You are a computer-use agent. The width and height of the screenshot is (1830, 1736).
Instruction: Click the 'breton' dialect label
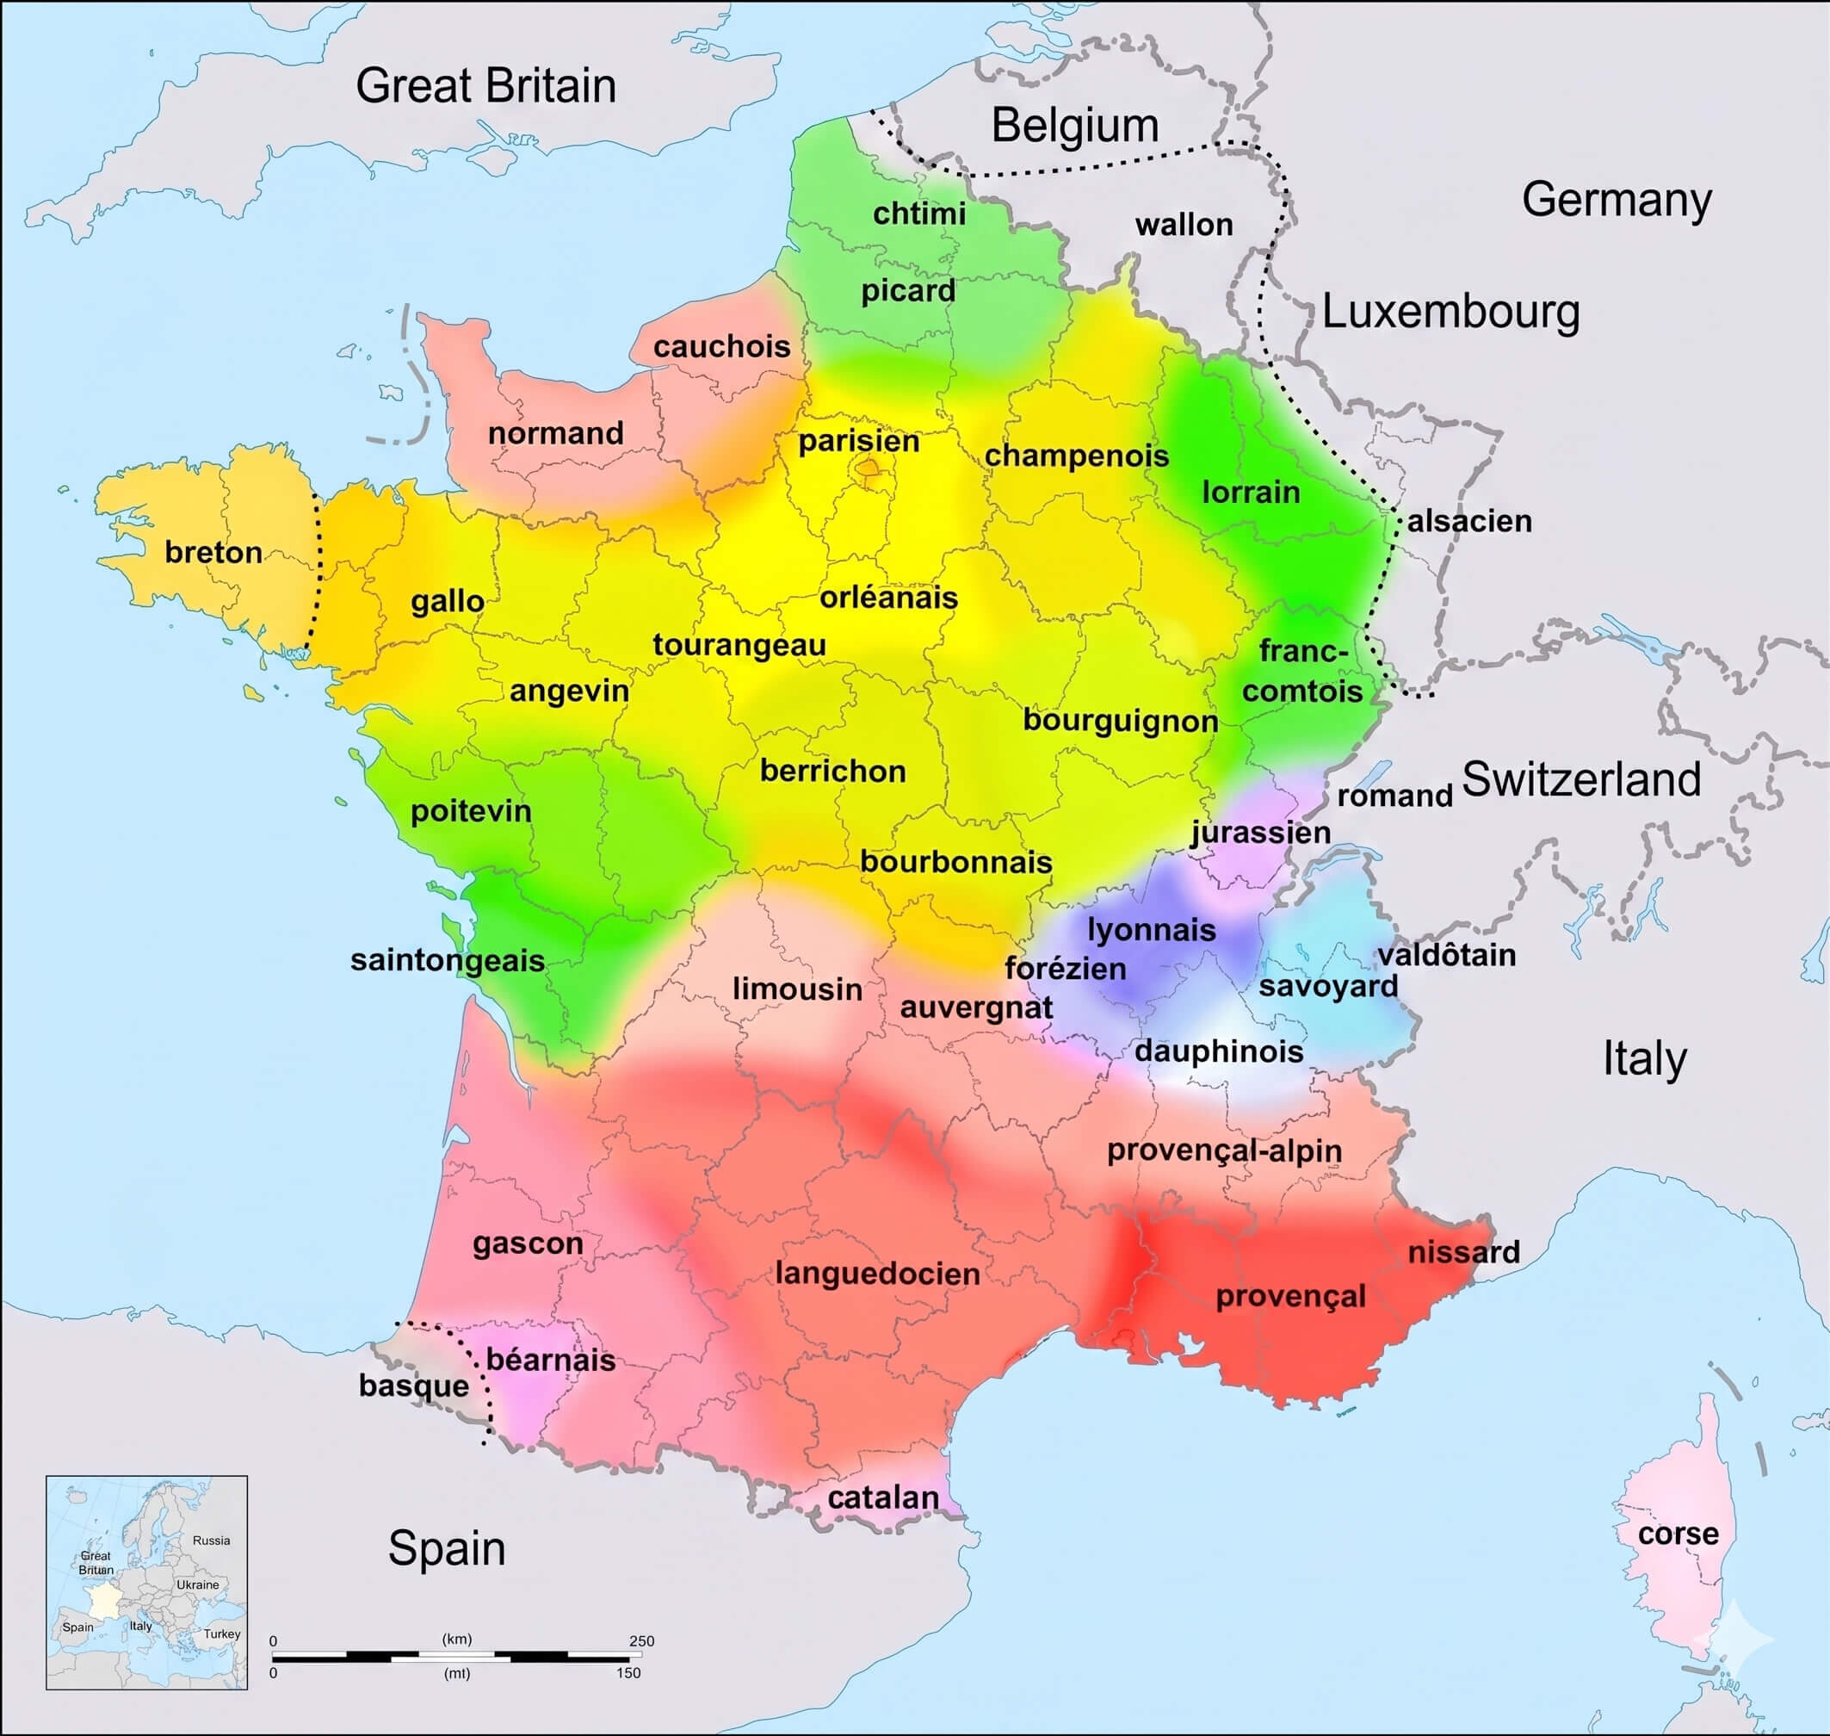pyautogui.click(x=213, y=553)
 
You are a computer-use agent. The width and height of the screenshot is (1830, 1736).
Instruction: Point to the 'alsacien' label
pyautogui.click(x=1469, y=521)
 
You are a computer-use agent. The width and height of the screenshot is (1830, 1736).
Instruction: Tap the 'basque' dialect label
pyautogui.click(x=413, y=1386)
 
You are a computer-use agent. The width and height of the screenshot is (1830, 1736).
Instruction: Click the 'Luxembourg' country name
pyautogui.click(x=1450, y=312)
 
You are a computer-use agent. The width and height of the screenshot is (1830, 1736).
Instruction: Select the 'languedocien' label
pyautogui.click(x=877, y=1274)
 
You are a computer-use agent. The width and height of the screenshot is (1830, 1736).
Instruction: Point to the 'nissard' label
pyautogui.click(x=1463, y=1252)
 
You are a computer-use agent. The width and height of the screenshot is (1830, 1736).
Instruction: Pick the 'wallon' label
pyautogui.click(x=1184, y=224)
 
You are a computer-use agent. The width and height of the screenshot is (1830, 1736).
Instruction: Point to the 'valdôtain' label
pyautogui.click(x=1447, y=955)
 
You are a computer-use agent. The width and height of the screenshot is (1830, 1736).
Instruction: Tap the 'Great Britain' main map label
pyautogui.click(x=485, y=86)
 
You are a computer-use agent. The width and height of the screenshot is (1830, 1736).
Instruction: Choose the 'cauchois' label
pyautogui.click(x=721, y=347)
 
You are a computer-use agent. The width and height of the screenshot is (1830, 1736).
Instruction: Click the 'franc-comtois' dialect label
pyautogui.click(x=1301, y=671)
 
